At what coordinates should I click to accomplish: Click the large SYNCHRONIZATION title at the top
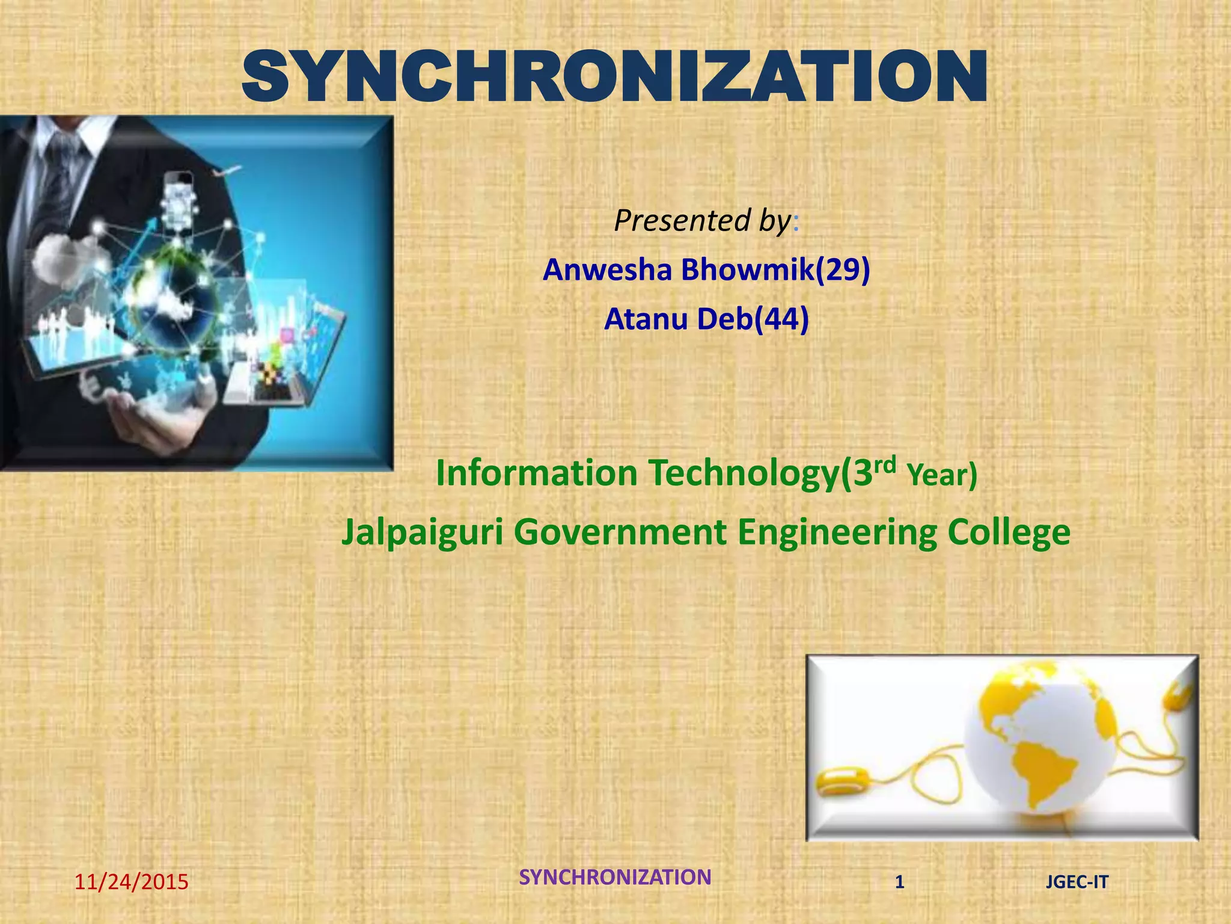tap(614, 76)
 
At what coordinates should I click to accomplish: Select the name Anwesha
tap(607, 269)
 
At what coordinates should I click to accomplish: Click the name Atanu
tap(646, 319)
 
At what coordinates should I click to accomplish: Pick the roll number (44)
tap(781, 319)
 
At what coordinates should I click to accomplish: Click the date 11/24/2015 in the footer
tap(131, 882)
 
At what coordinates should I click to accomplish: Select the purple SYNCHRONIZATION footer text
tap(615, 877)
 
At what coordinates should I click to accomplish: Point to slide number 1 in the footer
tap(899, 882)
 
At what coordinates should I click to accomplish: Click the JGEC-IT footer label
tap(1077, 882)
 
